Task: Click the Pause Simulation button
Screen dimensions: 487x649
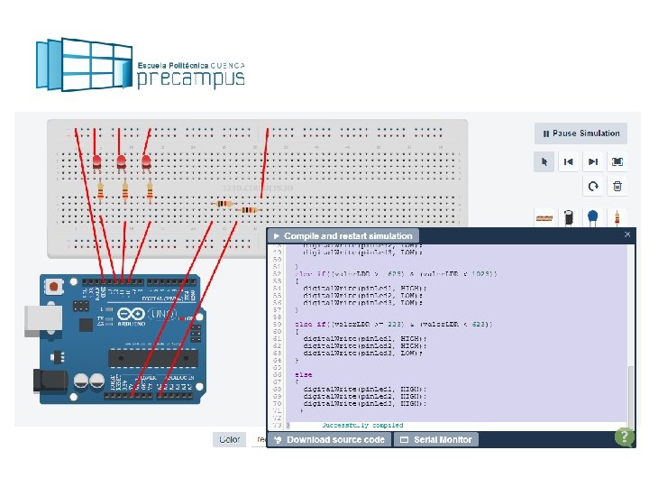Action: (581, 133)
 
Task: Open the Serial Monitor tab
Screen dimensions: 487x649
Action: (436, 439)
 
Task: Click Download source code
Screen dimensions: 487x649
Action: (330, 439)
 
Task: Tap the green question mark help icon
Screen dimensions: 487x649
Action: (624, 436)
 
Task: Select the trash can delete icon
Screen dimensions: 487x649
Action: (617, 187)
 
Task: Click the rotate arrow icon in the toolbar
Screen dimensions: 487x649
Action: (593, 187)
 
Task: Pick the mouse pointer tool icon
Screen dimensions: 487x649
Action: (544, 162)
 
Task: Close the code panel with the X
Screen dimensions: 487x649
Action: (627, 234)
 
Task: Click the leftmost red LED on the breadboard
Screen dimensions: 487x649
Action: (96, 161)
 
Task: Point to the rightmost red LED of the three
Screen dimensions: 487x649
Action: (146, 161)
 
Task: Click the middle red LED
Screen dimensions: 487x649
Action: (121, 161)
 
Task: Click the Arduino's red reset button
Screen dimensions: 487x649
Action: (55, 287)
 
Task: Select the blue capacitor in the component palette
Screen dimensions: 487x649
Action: (593, 217)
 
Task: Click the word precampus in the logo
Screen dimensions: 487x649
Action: (190, 78)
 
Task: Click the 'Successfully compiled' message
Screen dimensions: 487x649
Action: (361, 425)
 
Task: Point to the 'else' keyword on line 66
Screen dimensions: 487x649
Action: (304, 374)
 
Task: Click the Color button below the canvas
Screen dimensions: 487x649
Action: (229, 439)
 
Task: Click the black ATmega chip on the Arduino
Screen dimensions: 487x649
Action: (149, 358)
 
